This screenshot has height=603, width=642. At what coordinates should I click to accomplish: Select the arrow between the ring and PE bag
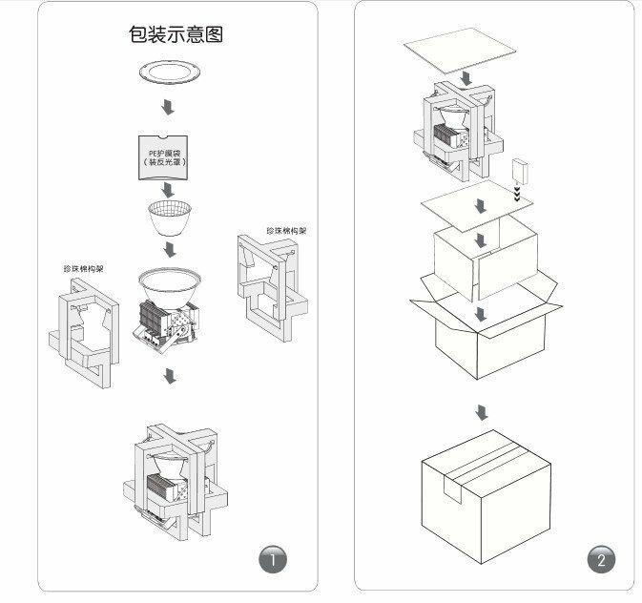[x=169, y=106]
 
